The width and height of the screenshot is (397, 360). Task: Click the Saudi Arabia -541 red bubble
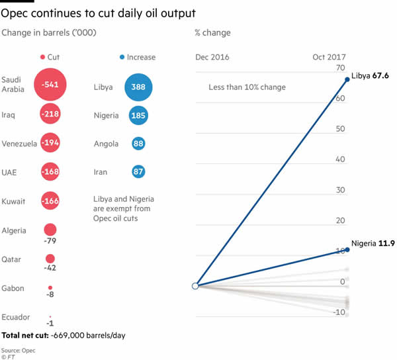coord(50,85)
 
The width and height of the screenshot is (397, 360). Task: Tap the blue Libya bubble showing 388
coord(138,87)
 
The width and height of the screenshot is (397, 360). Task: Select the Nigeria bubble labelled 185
coord(138,115)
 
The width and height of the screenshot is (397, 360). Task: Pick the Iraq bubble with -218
coord(50,114)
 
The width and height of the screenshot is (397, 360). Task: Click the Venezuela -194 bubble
coord(50,143)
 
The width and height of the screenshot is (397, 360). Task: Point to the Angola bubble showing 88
coord(138,143)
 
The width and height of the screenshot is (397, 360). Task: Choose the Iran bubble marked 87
coord(138,171)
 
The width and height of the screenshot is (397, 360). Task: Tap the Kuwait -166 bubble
coord(50,200)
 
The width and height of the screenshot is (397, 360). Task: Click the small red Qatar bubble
coord(50,259)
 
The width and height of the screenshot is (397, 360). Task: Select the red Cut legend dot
coord(42,58)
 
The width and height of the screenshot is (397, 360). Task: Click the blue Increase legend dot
coord(123,58)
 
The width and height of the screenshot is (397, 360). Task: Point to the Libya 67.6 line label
coord(370,76)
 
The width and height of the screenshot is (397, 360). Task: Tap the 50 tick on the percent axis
coord(341,129)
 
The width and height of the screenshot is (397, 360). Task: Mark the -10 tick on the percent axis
coord(339,312)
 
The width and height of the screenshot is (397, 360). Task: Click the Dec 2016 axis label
coord(212,58)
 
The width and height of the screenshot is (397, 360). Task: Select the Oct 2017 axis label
coord(329,58)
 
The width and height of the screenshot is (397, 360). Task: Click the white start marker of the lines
coord(195,286)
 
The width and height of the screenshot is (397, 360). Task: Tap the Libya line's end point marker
coord(347,80)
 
